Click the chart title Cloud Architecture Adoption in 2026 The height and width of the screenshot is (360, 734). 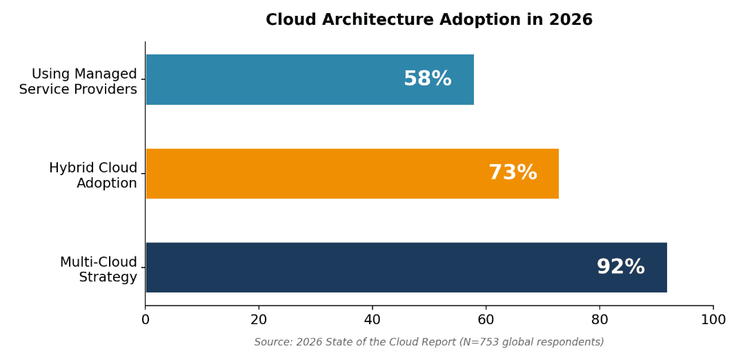(428, 20)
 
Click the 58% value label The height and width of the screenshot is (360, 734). (427, 79)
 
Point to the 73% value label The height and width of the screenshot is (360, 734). (513, 173)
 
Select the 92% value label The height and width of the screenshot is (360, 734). (620, 267)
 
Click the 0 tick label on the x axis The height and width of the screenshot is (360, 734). (146, 320)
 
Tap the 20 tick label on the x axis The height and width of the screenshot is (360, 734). (259, 320)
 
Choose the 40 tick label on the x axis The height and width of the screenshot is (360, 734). (373, 320)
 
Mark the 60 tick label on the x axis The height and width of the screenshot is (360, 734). (486, 320)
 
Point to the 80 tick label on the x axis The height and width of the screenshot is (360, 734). (599, 320)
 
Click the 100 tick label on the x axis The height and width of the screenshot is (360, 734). (713, 320)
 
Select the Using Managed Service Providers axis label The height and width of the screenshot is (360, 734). (78, 82)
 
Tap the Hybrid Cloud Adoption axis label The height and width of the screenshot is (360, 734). (93, 176)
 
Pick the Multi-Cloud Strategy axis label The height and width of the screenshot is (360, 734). (99, 270)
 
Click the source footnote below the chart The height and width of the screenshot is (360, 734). (428, 342)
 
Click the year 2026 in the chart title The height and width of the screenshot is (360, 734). (571, 20)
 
